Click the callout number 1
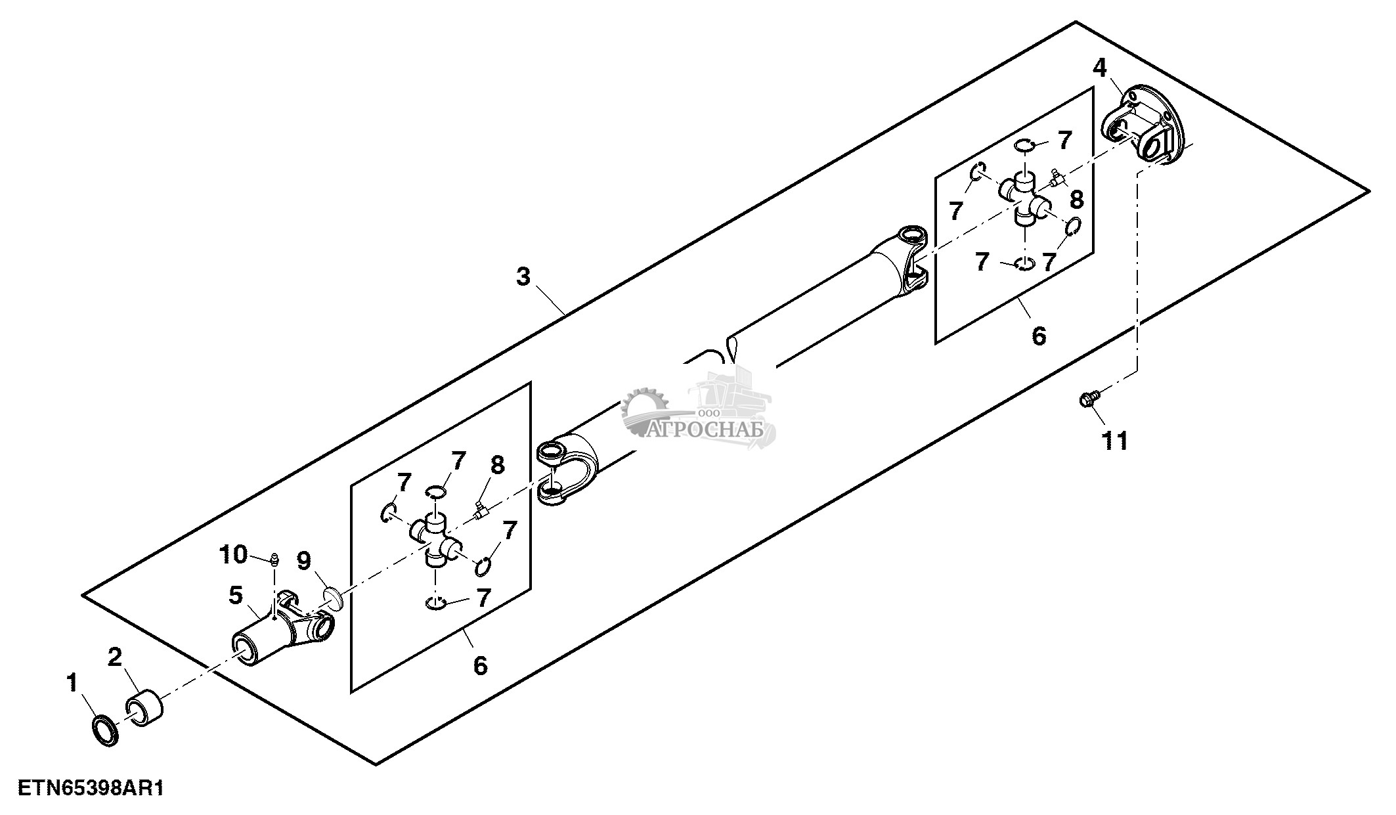coord(72,684)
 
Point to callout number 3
coord(523,277)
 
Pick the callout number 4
coord(1100,68)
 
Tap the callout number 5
coord(236,596)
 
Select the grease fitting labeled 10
coord(273,560)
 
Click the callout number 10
coord(233,555)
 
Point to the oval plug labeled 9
coord(334,598)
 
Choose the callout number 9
coord(303,562)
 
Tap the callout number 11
coord(1114,441)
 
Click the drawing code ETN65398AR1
coord(91,788)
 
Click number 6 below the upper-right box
coord(1038,336)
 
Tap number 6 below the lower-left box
coord(480,665)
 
